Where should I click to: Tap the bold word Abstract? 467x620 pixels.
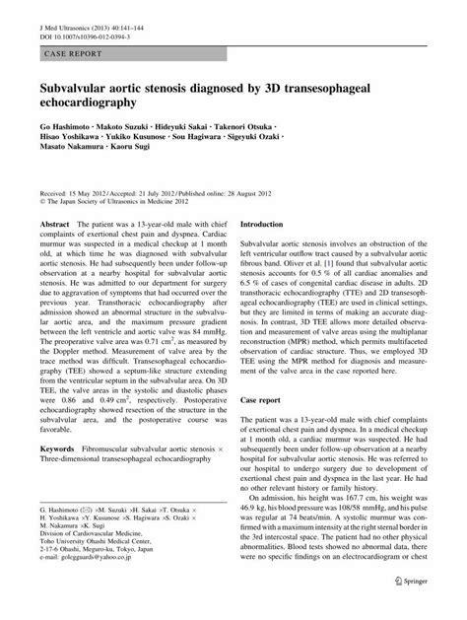click(52, 252)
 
